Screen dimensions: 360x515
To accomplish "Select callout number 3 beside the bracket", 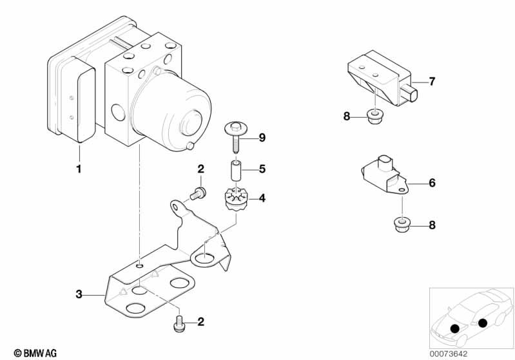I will pos(79,294).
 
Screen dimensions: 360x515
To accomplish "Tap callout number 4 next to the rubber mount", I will pos(262,198).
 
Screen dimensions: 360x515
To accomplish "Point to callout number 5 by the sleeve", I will pos(262,170).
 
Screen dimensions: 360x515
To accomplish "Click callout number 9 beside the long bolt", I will pos(262,137).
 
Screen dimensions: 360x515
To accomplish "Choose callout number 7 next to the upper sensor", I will pos(432,82).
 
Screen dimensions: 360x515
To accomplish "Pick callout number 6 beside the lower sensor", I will pos(432,183).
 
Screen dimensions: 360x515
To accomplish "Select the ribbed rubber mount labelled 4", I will pos(235,197).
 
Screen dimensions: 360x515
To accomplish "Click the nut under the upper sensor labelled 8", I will pos(372,117).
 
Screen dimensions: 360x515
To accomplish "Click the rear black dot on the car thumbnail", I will pos(482,323).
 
